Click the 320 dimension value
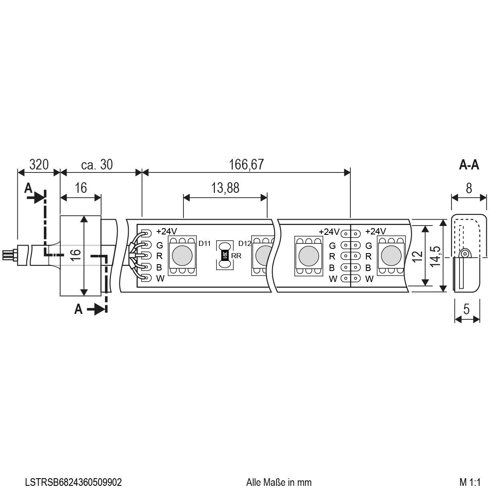coord(39,165)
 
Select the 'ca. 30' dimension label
coord(96,165)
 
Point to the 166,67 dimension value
coord(246,165)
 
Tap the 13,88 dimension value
coord(225,188)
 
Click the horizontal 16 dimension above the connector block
coord(81,188)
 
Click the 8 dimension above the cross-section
coord(468,188)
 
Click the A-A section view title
coord(469,165)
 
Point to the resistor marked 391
coord(225,255)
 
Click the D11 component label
coord(204,243)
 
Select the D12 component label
coord(245,243)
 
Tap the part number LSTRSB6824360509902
coord(73,482)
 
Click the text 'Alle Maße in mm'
coord(279,482)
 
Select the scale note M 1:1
coord(469,482)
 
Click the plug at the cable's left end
coord(9,255)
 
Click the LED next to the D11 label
coord(183,255)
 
